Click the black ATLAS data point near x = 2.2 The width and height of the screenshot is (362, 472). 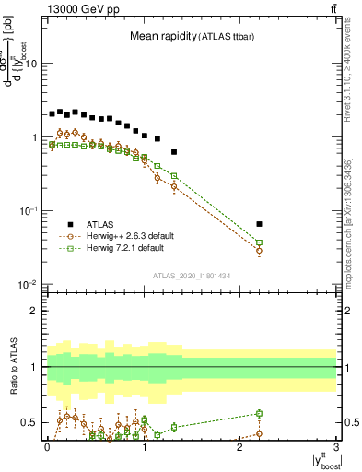(x=259, y=224)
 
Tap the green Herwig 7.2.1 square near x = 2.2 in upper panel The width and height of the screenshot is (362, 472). (x=259, y=242)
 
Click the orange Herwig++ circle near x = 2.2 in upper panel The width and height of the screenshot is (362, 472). (x=259, y=251)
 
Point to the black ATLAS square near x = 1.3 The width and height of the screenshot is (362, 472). (x=174, y=151)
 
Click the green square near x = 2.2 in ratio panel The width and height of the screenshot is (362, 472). (x=259, y=414)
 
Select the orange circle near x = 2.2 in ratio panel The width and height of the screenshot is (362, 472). (x=259, y=433)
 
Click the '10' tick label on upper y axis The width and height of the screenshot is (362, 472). (x=30, y=65)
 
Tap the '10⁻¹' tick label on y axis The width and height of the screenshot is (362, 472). (x=29, y=211)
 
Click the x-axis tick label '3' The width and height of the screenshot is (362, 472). (x=336, y=446)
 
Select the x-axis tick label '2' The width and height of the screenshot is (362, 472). (x=239, y=446)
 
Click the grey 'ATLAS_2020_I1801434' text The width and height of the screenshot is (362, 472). (x=191, y=276)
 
